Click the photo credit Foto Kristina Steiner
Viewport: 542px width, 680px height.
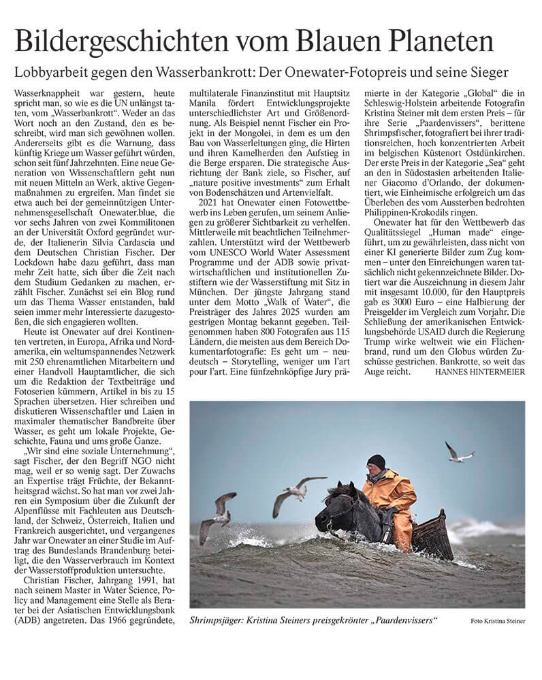[x=498, y=621]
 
